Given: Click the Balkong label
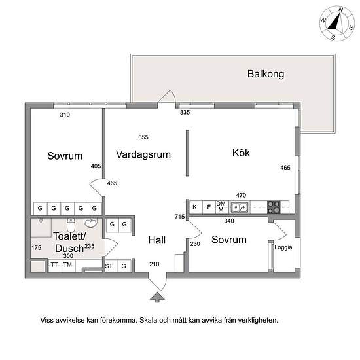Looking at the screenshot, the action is [x=266, y=74].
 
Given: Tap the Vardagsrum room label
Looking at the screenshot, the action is [x=143, y=154].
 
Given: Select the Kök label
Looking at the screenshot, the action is [x=241, y=153].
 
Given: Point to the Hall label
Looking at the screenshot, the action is [x=157, y=240].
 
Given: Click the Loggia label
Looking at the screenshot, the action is [x=283, y=247].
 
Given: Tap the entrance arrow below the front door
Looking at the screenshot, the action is [x=157, y=297].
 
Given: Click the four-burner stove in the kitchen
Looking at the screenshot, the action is [x=274, y=207].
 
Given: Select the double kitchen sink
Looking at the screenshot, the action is [x=240, y=207].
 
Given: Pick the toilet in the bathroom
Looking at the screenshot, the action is [x=71, y=225].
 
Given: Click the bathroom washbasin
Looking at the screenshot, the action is [x=91, y=223].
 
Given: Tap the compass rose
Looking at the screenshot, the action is [x=337, y=24].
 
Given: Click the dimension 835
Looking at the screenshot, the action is [x=185, y=113].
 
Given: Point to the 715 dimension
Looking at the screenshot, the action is [x=179, y=216].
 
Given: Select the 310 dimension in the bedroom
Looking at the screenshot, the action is [x=65, y=115].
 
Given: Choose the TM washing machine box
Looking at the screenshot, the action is [x=68, y=266].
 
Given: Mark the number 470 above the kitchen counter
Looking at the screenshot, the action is [x=241, y=195].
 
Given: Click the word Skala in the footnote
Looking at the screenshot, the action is [x=149, y=320].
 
